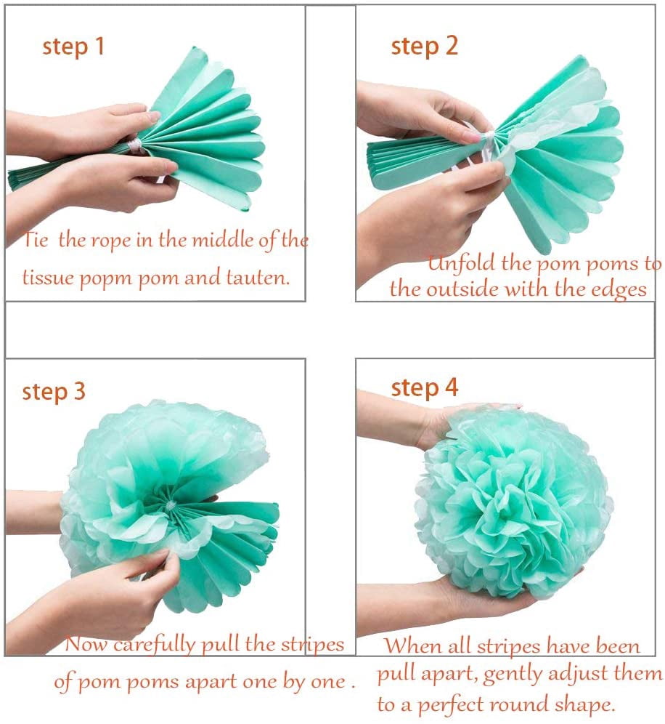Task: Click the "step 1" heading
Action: click(x=73, y=47)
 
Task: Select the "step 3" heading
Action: click(x=54, y=391)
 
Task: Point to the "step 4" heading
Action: click(x=425, y=387)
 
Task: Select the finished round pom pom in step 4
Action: click(x=514, y=502)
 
